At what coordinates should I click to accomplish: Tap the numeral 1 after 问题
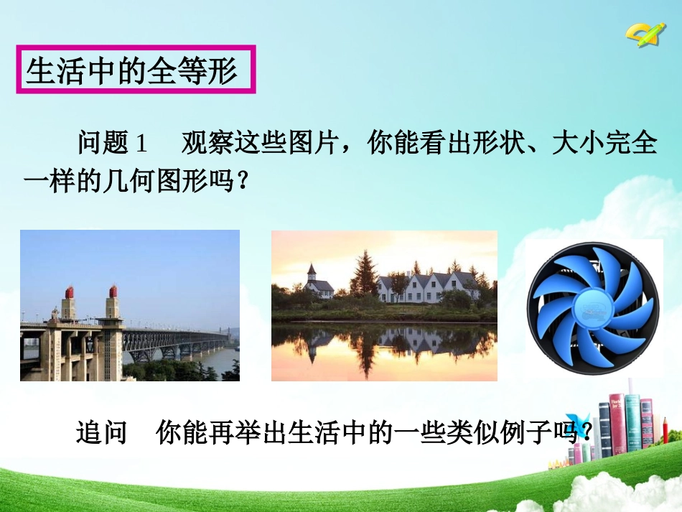point(141,144)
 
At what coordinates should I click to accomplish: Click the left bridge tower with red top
point(69,305)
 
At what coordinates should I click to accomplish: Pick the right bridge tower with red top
point(113,305)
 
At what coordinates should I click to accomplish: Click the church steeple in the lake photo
point(312,274)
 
